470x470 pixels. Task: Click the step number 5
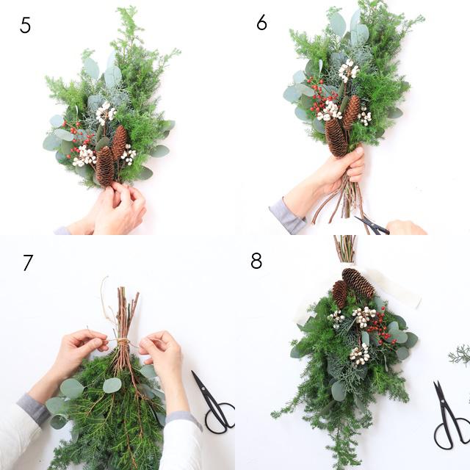pyautogui.click(x=25, y=25)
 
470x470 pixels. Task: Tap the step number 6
pyautogui.click(x=261, y=22)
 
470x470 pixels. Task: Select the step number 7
pyautogui.click(x=28, y=262)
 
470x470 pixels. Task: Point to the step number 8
pyautogui.click(x=256, y=261)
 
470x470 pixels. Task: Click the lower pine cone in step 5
pyautogui.click(x=104, y=167)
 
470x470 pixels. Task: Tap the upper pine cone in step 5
pyautogui.click(x=120, y=142)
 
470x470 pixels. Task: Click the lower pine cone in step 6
pyautogui.click(x=336, y=137)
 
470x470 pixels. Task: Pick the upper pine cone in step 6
pyautogui.click(x=351, y=112)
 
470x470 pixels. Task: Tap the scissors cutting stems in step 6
pyautogui.click(x=372, y=225)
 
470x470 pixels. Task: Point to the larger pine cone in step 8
pyautogui.click(x=358, y=283)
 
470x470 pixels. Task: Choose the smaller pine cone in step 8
pyautogui.click(x=339, y=294)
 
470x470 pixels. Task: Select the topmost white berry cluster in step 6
pyautogui.click(x=348, y=70)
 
